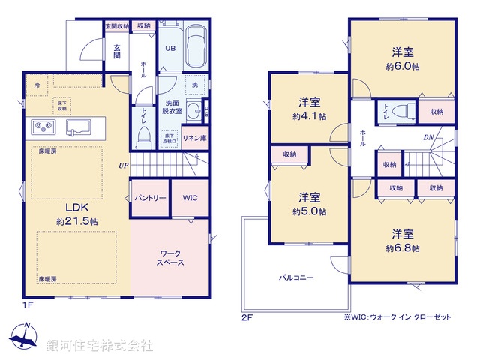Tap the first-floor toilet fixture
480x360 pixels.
point(144,135)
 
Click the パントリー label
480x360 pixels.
point(150,198)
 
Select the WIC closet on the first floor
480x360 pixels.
point(190,198)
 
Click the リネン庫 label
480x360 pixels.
point(194,139)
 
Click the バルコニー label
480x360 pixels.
point(296,277)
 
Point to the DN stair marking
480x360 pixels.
point(428,137)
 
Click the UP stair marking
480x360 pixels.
point(121,166)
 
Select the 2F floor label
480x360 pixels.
point(247,318)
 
